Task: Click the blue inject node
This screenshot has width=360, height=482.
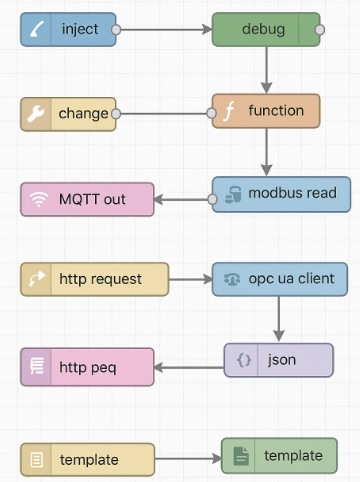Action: point(69,29)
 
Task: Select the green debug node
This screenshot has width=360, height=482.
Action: point(265,29)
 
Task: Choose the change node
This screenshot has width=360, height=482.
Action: point(69,114)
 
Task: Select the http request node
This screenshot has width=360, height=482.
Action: point(95,279)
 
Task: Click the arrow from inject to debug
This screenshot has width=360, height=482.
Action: point(164,29)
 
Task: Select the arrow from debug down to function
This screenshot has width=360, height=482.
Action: point(266,70)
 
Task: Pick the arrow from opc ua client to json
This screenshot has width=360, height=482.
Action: point(279,319)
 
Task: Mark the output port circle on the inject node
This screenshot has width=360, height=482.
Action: point(117,29)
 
